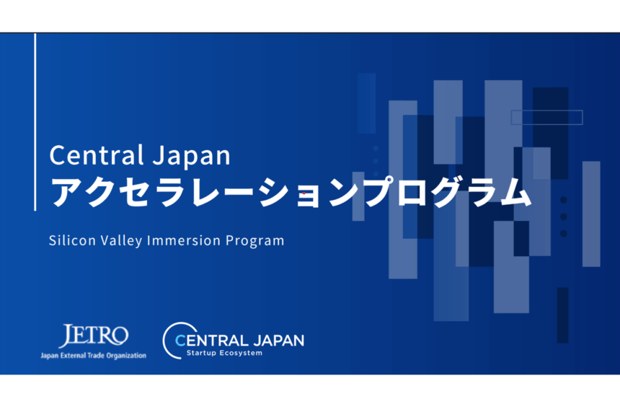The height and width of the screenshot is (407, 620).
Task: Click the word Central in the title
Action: point(97,155)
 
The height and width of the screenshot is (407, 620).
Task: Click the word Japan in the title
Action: point(191,157)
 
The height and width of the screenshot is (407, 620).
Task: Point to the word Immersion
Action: point(184,240)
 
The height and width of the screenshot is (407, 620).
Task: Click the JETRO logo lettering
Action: point(94,336)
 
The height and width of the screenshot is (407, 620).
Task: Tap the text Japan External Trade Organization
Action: point(93,356)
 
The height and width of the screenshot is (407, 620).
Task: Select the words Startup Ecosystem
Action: point(224,353)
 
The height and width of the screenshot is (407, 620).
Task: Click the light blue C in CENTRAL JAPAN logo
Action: point(180,341)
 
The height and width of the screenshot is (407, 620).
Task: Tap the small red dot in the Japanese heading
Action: point(304,193)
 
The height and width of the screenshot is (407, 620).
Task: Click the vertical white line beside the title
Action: point(35,122)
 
